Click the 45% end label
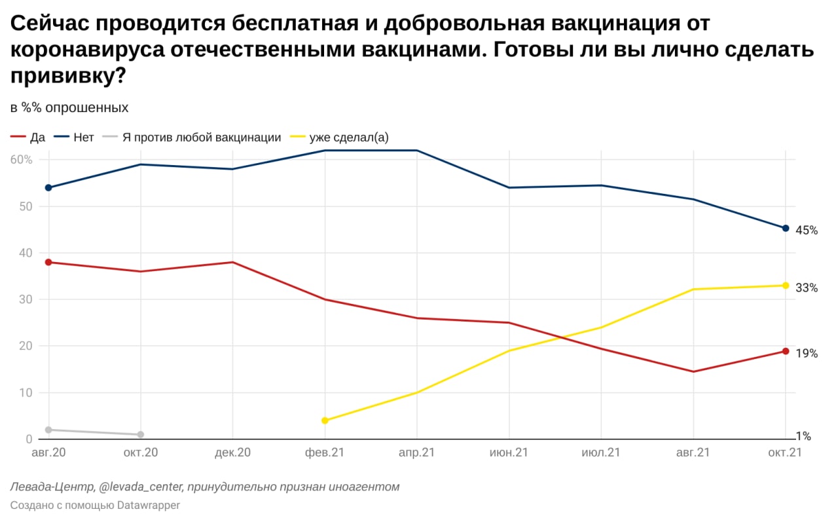tap(807, 231)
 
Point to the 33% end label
tap(807, 288)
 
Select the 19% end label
tap(807, 354)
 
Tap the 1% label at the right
tap(803, 436)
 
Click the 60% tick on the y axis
tap(21, 160)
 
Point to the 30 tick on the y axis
tap(25, 299)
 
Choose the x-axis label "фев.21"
tap(325, 453)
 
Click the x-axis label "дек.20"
tap(233, 453)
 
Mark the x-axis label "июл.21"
tap(601, 453)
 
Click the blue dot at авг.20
tap(48, 188)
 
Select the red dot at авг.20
tap(48, 262)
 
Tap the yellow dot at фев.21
tap(325, 420)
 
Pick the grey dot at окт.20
tap(141, 434)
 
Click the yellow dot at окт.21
tap(786, 286)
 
